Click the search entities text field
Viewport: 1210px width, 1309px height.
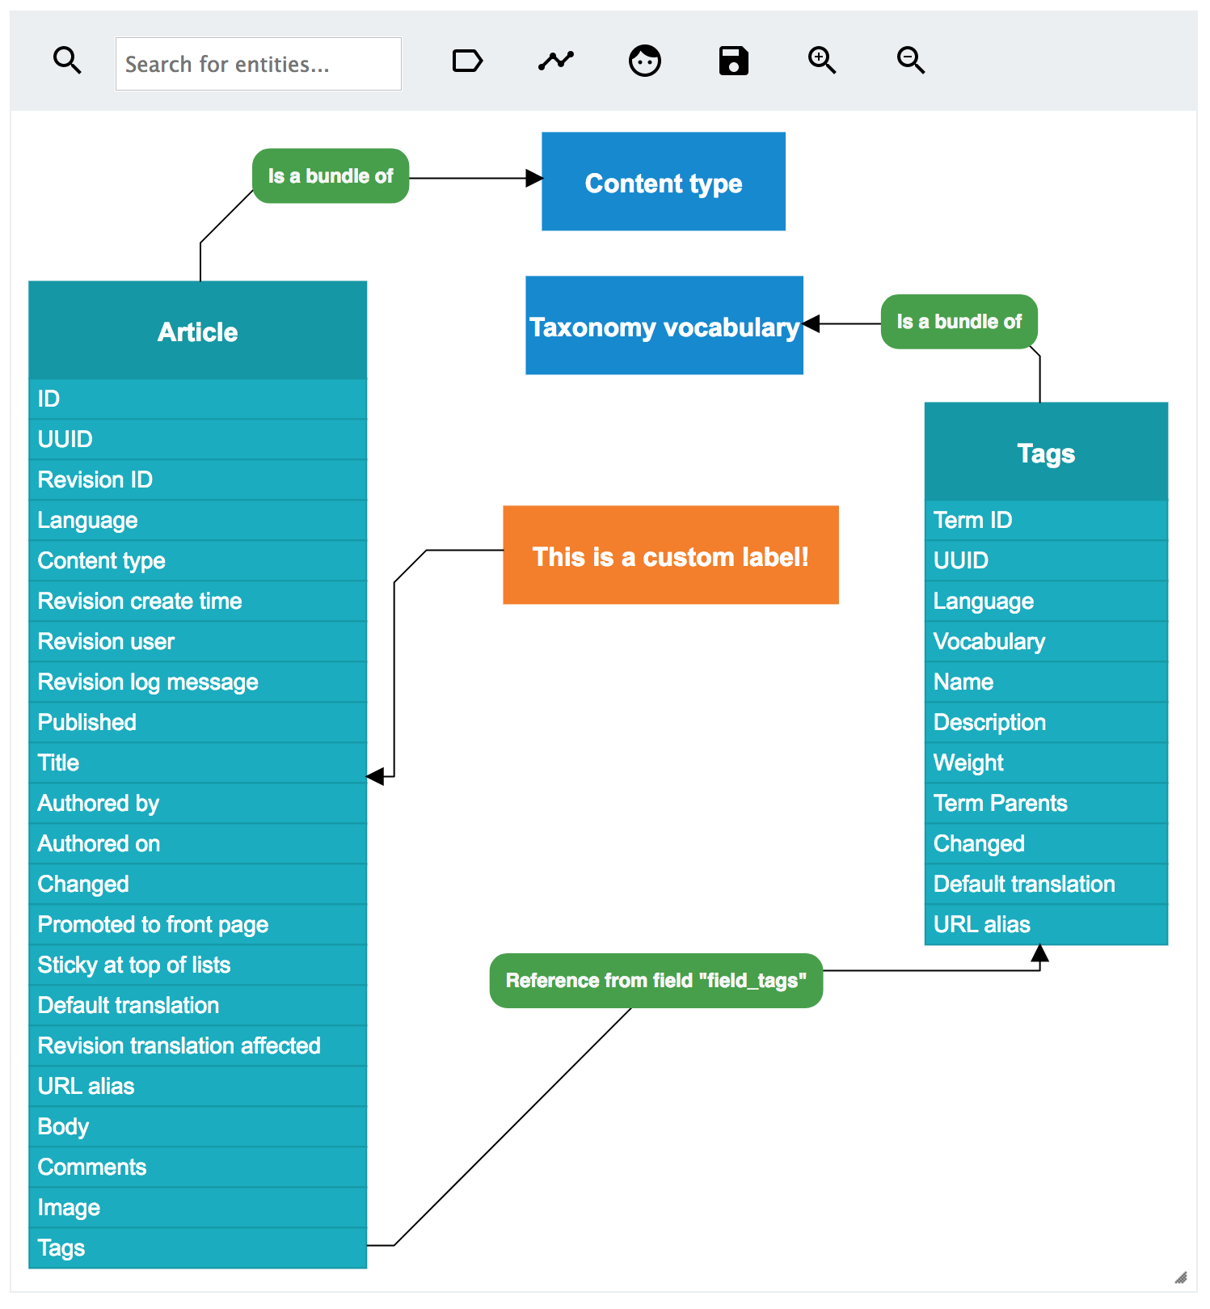click(258, 64)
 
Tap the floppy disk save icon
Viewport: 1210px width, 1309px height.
click(733, 61)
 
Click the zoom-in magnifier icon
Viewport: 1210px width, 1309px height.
click(821, 61)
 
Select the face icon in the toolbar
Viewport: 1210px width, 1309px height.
click(644, 61)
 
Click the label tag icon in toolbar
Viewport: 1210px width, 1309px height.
click(467, 61)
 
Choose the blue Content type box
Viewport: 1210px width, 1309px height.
click(663, 182)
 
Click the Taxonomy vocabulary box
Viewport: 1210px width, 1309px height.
click(664, 326)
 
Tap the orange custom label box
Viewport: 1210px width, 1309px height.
click(670, 555)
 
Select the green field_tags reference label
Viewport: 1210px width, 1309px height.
click(656, 981)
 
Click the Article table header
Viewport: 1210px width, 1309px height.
click(197, 331)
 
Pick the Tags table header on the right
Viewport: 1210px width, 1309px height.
click(1045, 452)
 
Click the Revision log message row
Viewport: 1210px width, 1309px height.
click(197, 682)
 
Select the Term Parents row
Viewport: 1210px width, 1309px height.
click(1045, 803)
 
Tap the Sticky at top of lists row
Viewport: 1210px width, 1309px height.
click(197, 965)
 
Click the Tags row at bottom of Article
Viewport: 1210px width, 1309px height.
click(197, 1248)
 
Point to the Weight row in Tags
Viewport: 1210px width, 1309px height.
click(1045, 762)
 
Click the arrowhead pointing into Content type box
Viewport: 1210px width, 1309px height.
click(533, 178)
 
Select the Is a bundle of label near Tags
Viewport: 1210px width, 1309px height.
click(959, 322)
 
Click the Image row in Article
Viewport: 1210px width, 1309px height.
click(197, 1207)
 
